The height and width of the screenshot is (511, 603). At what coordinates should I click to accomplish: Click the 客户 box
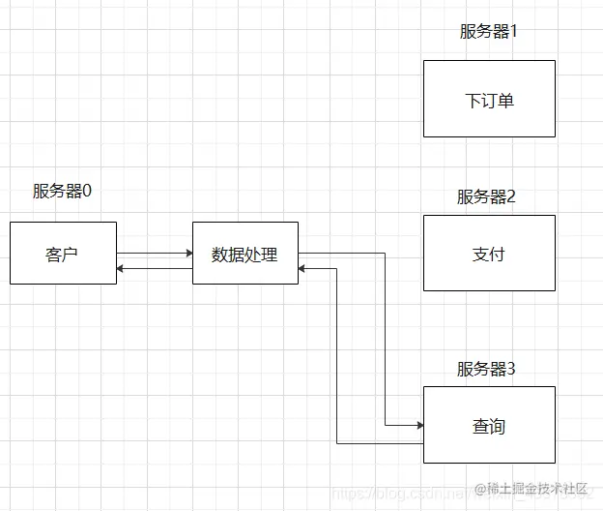(x=63, y=254)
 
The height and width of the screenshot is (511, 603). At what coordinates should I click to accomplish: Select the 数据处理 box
(x=245, y=254)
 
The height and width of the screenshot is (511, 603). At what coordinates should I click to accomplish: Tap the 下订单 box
(x=489, y=99)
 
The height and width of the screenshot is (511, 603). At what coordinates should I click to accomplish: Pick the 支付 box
(x=489, y=254)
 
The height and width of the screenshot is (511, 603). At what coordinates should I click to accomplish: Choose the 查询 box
(x=489, y=426)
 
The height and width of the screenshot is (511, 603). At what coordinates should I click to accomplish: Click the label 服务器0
(x=63, y=191)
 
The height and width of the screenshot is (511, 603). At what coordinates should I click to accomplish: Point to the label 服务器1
(x=489, y=31)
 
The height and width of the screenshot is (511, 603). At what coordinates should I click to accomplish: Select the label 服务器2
(x=486, y=197)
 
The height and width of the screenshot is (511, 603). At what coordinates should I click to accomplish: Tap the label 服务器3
(x=486, y=369)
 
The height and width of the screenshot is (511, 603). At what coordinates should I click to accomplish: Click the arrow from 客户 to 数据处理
(x=155, y=254)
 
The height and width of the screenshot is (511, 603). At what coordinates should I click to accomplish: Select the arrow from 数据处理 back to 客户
(x=155, y=268)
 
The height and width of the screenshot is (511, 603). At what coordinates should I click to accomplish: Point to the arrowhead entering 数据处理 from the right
(x=303, y=268)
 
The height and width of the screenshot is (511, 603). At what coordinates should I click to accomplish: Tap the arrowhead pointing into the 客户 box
(x=121, y=268)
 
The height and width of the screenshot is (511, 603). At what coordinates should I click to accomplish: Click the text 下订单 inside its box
(x=489, y=100)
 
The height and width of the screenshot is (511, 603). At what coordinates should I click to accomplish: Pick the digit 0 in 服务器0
(x=87, y=191)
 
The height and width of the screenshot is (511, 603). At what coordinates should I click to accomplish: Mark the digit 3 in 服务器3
(x=511, y=369)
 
